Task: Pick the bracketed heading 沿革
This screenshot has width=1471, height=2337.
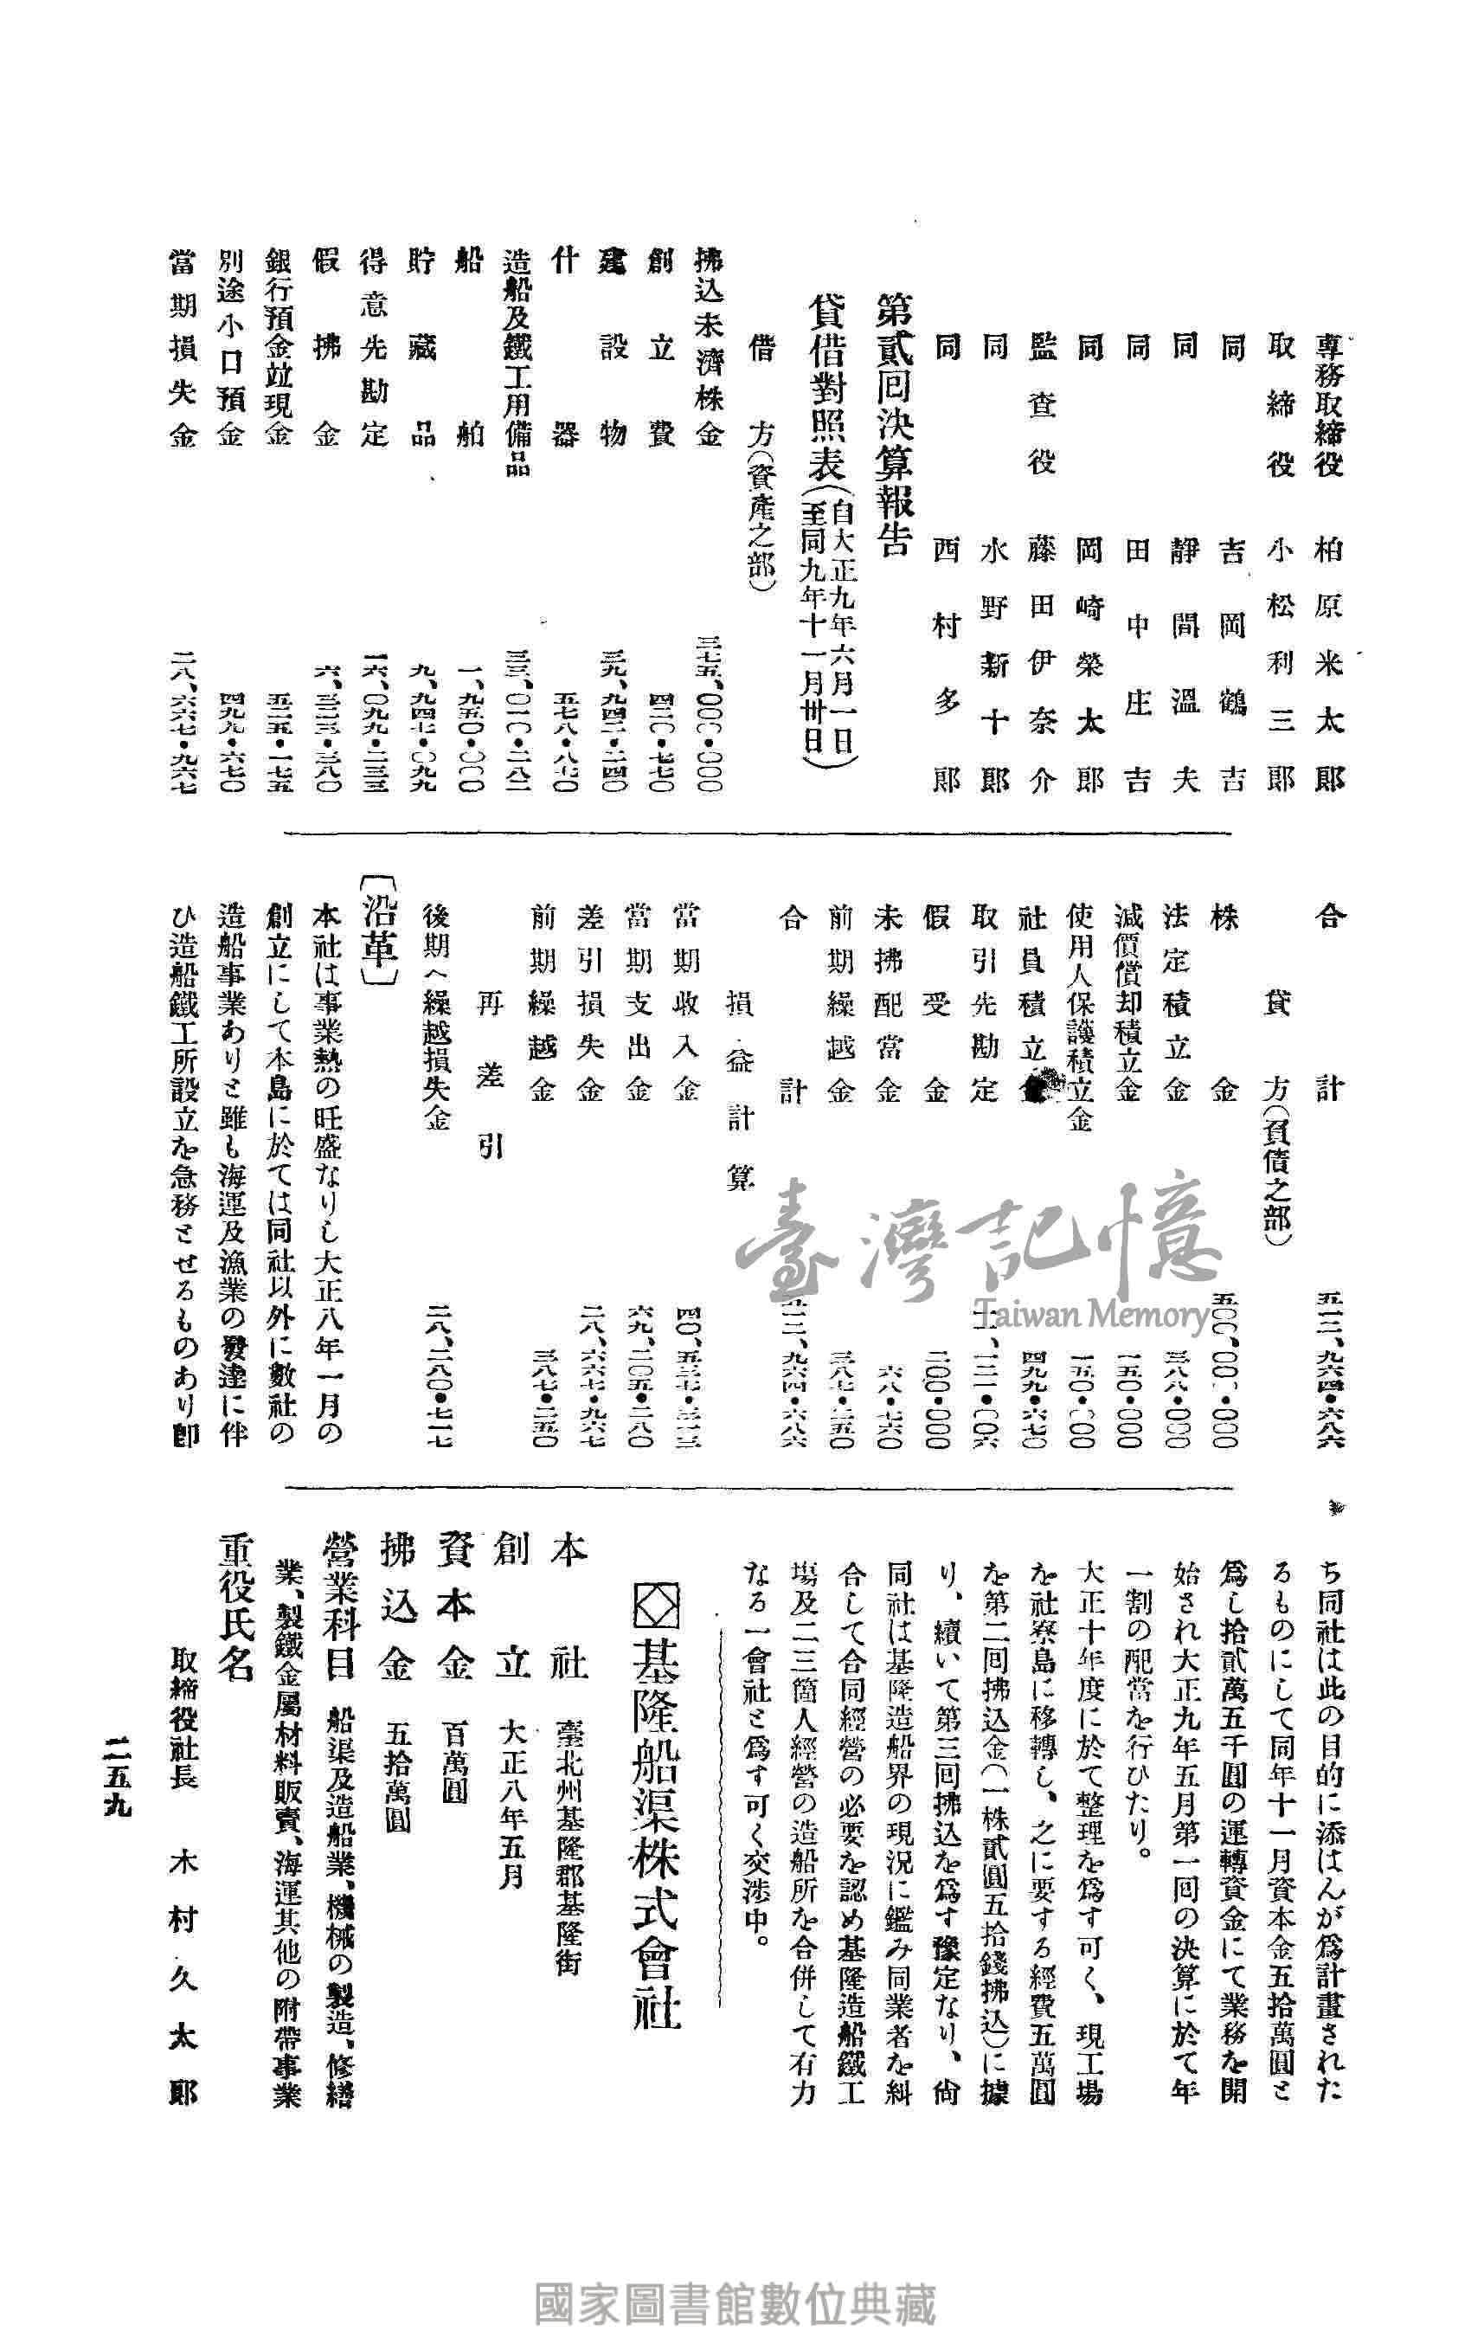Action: coord(378,931)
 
